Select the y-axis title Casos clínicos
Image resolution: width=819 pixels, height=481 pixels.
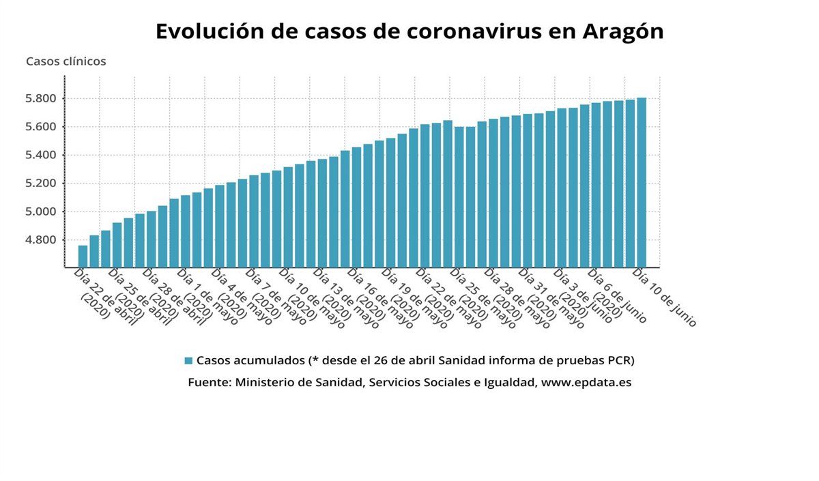(x=66, y=61)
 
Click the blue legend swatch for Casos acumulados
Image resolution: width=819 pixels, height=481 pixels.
(x=188, y=360)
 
